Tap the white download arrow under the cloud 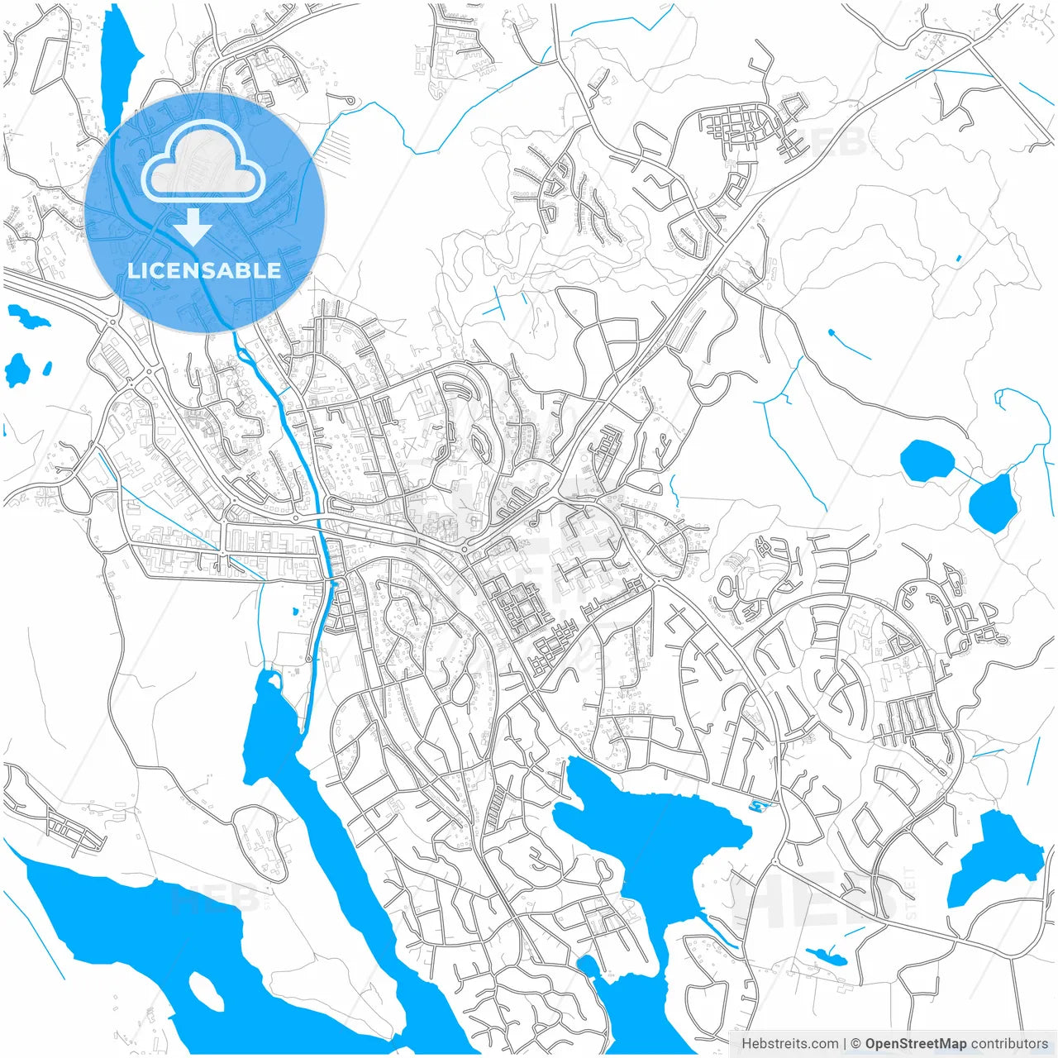tap(193, 226)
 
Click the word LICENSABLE tap(204, 270)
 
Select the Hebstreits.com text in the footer tap(789, 1044)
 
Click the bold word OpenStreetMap tap(915, 1044)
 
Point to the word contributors tap(1009, 1044)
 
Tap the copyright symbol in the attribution tap(856, 1044)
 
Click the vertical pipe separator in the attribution tap(845, 1044)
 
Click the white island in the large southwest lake tap(206, 990)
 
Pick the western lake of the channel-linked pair tap(927, 460)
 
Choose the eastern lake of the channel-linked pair tap(992, 504)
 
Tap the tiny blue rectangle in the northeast tap(958, 259)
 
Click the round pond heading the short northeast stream tap(831, 333)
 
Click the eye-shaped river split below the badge tap(245, 356)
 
